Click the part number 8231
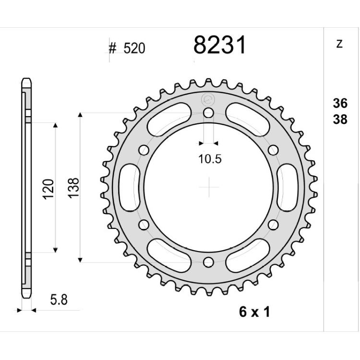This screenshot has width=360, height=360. click(220, 45)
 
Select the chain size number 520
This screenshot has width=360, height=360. click(134, 48)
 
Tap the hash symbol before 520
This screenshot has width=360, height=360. click(112, 48)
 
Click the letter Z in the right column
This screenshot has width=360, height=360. click(339, 44)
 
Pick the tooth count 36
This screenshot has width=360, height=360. click(340, 103)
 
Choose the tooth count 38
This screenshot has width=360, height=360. click(340, 120)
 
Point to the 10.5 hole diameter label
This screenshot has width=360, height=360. click(210, 159)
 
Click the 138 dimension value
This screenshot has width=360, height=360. click(73, 188)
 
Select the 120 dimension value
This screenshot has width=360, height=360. click(48, 189)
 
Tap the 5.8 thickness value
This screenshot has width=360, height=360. click(59, 300)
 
